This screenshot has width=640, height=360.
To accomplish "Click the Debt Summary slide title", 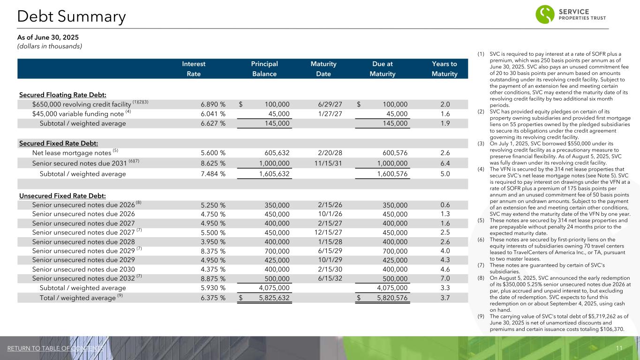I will click(71, 17).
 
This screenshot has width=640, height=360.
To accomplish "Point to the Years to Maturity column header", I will click(444, 69).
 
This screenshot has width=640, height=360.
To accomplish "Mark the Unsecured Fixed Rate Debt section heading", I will click(62, 195).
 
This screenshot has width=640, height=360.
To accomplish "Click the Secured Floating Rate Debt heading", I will click(63, 95).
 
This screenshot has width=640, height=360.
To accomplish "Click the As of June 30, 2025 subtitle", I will click(48, 37).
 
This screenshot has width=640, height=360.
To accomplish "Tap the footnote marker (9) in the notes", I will click(481, 315).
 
